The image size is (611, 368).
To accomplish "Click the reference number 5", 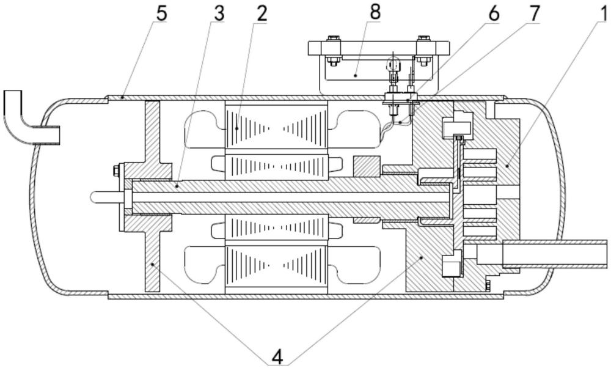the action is click(x=161, y=14).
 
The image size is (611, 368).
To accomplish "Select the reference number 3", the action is click(x=219, y=14).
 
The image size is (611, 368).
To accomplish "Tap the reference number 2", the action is click(x=262, y=14).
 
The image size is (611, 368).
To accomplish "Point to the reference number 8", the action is click(x=375, y=12).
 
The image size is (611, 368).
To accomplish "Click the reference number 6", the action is click(x=493, y=14).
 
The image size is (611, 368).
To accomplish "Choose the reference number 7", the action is click(x=534, y=14).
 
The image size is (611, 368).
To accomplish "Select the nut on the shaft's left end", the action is click(x=115, y=170).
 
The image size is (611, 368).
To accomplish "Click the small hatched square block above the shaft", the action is click(x=366, y=166).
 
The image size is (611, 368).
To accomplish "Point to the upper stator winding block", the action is click(x=276, y=127).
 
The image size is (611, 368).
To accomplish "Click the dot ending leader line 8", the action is click(x=356, y=76).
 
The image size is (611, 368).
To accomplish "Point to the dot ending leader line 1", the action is click(x=507, y=166).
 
